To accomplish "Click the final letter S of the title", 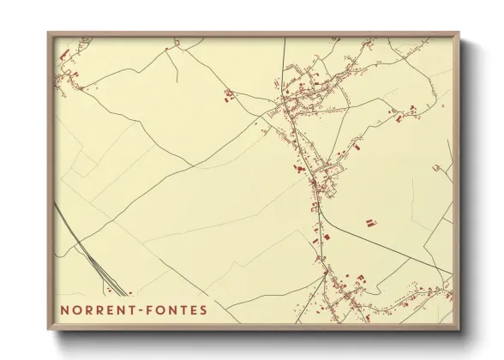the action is (203, 309).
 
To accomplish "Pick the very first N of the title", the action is (64, 309).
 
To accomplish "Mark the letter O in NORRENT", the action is (75, 309).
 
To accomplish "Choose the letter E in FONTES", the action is (193, 309).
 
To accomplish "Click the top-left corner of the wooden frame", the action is (48, 33).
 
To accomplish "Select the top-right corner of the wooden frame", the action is (459, 33).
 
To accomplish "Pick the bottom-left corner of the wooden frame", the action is (48, 330).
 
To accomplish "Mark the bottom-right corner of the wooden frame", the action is (459, 330).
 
